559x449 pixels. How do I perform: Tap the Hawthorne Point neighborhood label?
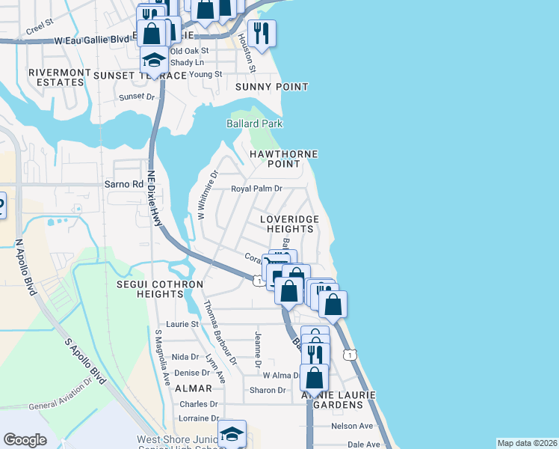283,159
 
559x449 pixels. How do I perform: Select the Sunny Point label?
271,87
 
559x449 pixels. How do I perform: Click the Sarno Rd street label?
127,184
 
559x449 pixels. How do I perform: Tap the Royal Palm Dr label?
256,189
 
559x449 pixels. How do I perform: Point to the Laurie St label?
182,324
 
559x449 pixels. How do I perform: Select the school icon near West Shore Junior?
232,433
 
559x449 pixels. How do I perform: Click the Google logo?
25,440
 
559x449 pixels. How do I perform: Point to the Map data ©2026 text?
527,443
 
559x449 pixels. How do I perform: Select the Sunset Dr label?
137,97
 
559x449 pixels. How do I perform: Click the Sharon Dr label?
268,390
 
